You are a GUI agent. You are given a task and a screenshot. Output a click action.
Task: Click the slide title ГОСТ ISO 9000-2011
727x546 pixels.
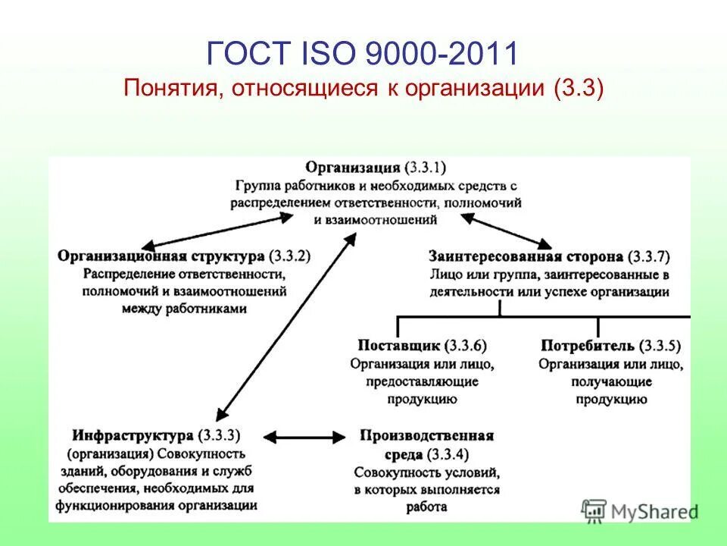[x=363, y=54]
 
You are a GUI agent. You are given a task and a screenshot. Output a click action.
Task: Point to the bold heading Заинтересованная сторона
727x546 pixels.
[x=526, y=257]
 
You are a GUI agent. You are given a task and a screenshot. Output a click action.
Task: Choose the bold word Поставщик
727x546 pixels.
[x=399, y=346]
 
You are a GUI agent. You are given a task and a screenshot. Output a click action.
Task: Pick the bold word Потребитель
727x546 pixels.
[x=587, y=346]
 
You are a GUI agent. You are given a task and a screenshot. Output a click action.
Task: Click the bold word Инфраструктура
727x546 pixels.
[x=133, y=436]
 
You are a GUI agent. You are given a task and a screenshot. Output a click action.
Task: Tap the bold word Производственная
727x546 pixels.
[x=428, y=436]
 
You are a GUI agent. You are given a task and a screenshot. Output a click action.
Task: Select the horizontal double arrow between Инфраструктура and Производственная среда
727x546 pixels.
[x=307, y=437]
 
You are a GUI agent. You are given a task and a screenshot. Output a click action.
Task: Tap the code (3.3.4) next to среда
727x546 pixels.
[x=448, y=454]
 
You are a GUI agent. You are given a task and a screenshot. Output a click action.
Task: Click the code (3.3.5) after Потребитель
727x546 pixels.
[x=660, y=346]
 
